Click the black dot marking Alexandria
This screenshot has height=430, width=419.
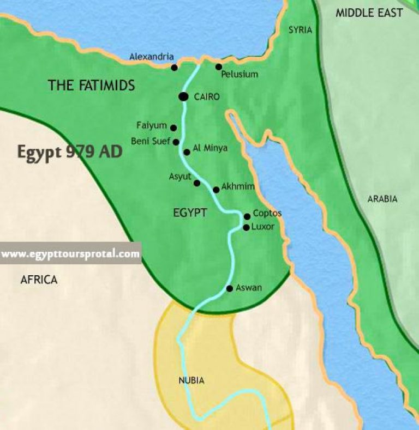174,68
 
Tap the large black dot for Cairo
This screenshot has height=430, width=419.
183,96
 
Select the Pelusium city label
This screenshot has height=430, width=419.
239,74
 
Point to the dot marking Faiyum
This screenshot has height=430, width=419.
173,128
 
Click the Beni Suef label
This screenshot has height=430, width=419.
150,141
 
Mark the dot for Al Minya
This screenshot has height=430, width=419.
187,152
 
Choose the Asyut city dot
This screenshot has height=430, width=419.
197,183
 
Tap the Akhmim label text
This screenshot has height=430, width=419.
238,186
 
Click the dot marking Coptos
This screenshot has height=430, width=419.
247,216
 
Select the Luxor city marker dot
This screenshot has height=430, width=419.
246,227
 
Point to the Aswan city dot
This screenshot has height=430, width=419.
229,288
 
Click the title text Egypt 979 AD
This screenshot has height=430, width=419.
69,152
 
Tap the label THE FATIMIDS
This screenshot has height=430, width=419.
91,85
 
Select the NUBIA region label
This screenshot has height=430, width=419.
191,380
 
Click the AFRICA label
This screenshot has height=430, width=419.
39,280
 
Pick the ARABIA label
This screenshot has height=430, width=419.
382,199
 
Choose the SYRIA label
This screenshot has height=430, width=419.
300,30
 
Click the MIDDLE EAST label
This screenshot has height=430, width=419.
369,13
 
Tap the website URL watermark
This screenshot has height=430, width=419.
70,254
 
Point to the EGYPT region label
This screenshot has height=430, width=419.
190,213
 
